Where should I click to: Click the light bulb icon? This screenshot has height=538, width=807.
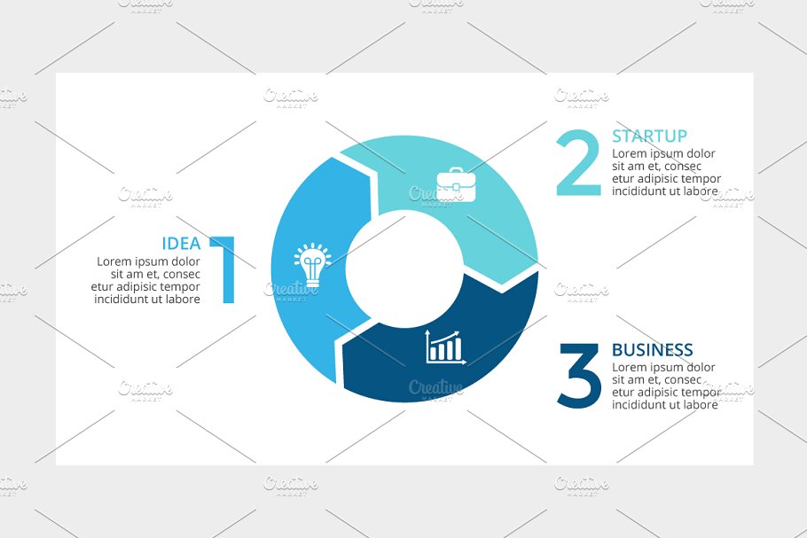pos(312,264)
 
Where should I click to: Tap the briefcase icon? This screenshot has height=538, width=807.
pos(456,184)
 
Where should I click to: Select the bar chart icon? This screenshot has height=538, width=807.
pos(445,347)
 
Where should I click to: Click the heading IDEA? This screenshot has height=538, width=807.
pos(181,243)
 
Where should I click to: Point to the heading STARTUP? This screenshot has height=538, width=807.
pos(649,136)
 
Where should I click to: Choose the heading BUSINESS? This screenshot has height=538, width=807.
pos(652,350)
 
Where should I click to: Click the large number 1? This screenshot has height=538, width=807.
pos(223,269)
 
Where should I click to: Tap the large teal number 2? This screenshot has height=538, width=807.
pos(578,162)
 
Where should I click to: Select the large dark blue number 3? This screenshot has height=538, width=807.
pos(579,376)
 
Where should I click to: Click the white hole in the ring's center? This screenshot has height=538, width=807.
pos(404,269)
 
